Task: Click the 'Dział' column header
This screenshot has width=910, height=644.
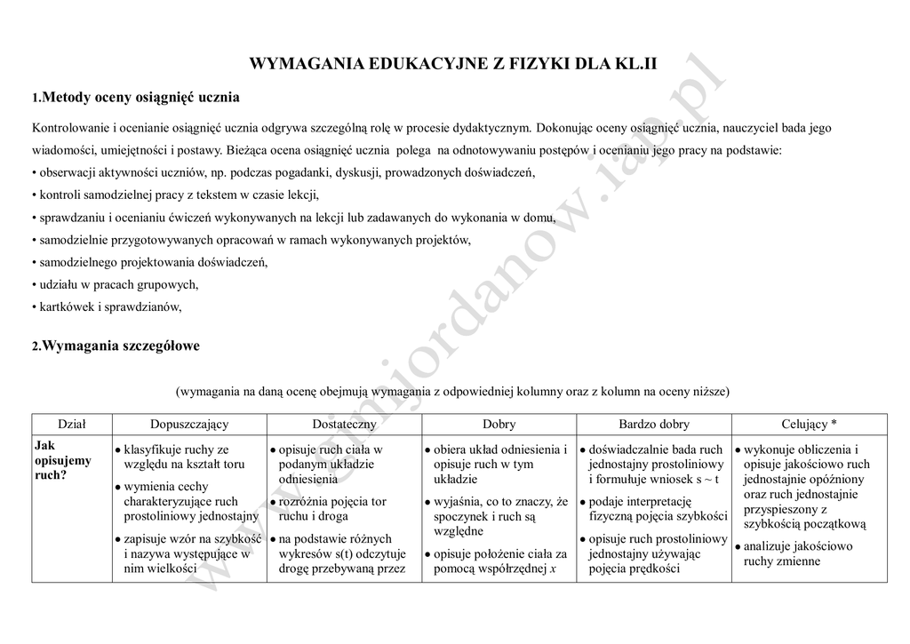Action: tap(72, 424)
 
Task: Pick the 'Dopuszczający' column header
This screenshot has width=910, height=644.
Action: tap(189, 424)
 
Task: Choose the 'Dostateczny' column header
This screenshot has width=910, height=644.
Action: tap(344, 424)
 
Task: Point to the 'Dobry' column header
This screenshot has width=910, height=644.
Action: tap(499, 424)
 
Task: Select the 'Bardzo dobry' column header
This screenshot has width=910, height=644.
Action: tap(653, 424)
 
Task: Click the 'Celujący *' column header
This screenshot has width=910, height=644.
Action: tap(809, 424)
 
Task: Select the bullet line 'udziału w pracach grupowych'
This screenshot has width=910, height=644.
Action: tap(116, 285)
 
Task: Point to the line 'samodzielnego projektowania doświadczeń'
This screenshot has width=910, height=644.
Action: tap(149, 263)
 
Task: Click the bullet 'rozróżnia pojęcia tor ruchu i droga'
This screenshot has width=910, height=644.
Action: tap(331, 508)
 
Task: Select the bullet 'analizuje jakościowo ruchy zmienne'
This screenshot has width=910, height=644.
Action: tap(797, 553)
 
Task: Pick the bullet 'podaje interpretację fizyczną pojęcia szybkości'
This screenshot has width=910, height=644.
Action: tap(658, 508)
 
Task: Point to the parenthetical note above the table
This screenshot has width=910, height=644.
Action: tap(453, 391)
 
